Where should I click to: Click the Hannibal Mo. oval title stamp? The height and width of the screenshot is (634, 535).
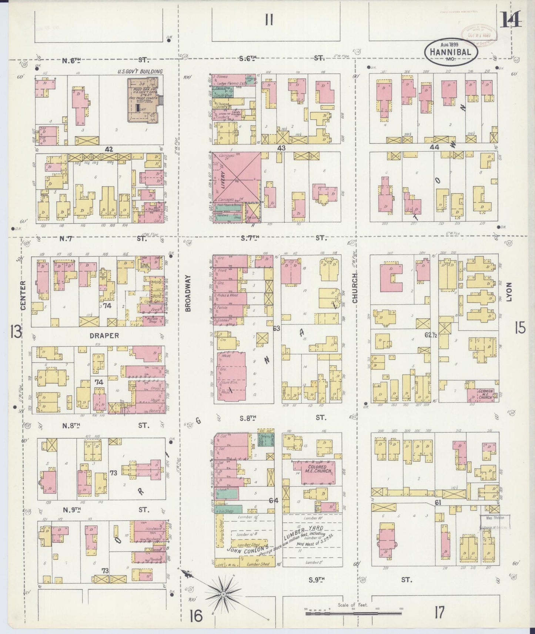pyautogui.click(x=451, y=52)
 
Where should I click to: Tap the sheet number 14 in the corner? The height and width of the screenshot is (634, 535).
pyautogui.click(x=511, y=20)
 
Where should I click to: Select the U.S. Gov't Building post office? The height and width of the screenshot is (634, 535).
pyautogui.click(x=143, y=99)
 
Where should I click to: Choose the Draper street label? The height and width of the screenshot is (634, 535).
pyautogui.click(x=104, y=335)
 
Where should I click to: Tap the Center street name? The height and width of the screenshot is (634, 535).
pyautogui.click(x=23, y=295)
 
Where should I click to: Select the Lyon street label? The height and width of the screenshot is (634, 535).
pyautogui.click(x=509, y=292)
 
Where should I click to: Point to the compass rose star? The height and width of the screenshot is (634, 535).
pyautogui.click(x=224, y=594)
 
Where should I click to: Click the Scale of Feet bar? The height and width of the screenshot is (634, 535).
pyautogui.click(x=354, y=613)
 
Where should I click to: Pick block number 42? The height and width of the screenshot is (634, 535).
pyautogui.click(x=108, y=149)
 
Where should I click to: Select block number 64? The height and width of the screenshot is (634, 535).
pyautogui.click(x=274, y=500)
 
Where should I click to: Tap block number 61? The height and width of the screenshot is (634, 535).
pyautogui.click(x=438, y=502)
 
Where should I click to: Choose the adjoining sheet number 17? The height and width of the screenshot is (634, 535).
pyautogui.click(x=439, y=613)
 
